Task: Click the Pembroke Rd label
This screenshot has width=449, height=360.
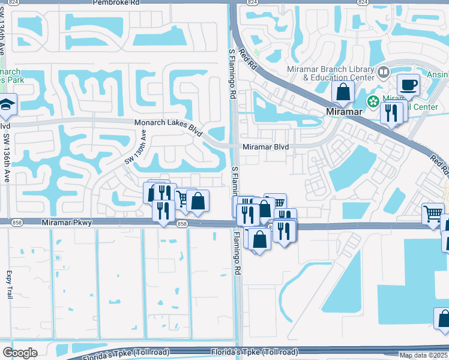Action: (116, 3)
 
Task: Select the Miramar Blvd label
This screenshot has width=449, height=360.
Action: (265, 147)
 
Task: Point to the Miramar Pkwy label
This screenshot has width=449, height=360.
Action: (67, 223)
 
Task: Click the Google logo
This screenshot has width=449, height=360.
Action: (20, 353)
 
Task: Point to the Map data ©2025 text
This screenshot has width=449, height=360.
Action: (424, 355)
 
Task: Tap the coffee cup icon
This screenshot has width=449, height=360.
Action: (408, 85)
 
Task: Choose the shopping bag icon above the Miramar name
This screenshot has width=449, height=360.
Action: (343, 92)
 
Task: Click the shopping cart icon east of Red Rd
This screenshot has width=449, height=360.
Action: (433, 213)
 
